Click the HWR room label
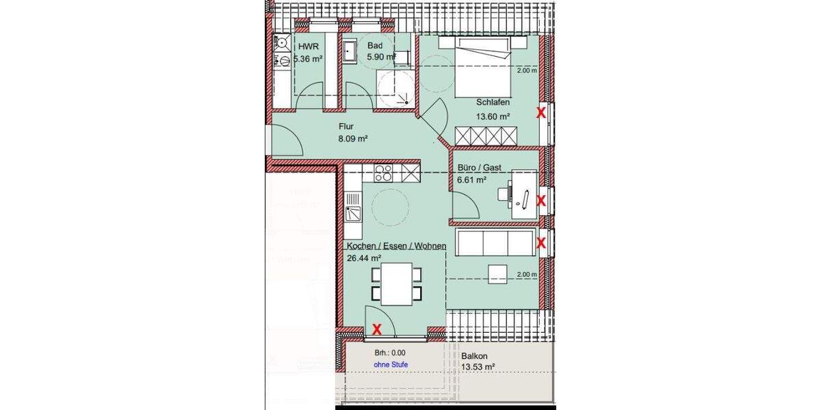(304, 46)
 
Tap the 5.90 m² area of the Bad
(382, 57)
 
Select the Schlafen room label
(493, 102)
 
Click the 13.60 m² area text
(493, 116)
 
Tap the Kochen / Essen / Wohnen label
(396, 246)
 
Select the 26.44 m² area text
(365, 258)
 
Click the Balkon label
(474, 355)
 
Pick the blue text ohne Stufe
(391, 365)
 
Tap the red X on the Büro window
(540, 201)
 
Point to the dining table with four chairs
(396, 284)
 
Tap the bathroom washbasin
(350, 50)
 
